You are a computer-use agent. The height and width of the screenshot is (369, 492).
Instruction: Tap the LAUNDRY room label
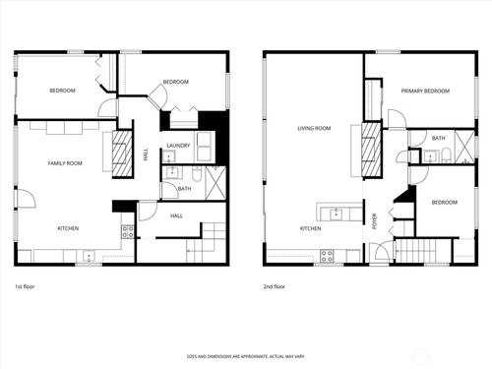click(178, 146)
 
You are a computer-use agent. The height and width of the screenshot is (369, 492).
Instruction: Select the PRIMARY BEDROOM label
click(425, 91)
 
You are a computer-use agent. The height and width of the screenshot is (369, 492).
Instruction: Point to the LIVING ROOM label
click(314, 128)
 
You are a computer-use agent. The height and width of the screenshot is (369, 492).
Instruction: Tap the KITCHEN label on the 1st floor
click(68, 228)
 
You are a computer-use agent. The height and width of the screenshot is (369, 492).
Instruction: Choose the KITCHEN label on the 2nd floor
click(309, 228)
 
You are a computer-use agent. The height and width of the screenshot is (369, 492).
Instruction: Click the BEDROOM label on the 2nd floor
click(444, 203)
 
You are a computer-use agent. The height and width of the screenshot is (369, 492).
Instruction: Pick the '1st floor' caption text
click(26, 286)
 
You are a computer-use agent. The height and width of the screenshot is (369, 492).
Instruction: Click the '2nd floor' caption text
click(274, 286)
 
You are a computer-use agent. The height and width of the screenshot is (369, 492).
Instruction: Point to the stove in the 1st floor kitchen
click(127, 232)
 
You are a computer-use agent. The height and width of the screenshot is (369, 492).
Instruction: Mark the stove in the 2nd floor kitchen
click(327, 256)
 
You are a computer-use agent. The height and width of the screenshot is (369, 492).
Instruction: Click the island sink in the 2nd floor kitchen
click(337, 212)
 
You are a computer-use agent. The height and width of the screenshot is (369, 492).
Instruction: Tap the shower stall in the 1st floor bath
click(214, 183)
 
